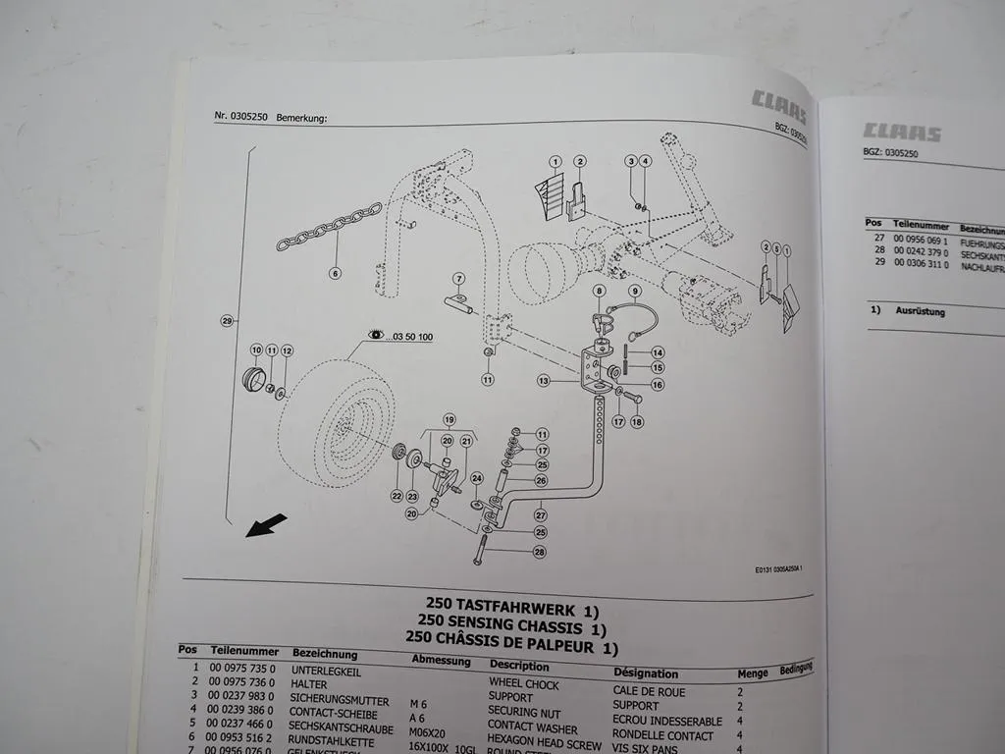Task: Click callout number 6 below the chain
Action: pos(335,273)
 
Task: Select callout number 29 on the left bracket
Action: pos(228,321)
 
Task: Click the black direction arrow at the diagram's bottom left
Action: pos(266,526)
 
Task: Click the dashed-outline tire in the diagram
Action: pos(339,422)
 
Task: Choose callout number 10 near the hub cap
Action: pos(256,350)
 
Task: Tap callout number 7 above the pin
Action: pos(458,279)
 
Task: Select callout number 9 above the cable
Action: pos(635,291)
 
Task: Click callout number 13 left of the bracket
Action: pos(543,379)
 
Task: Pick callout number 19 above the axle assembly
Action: pos(450,419)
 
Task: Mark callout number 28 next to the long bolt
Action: pos(540,553)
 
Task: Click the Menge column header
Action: pos(753,674)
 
